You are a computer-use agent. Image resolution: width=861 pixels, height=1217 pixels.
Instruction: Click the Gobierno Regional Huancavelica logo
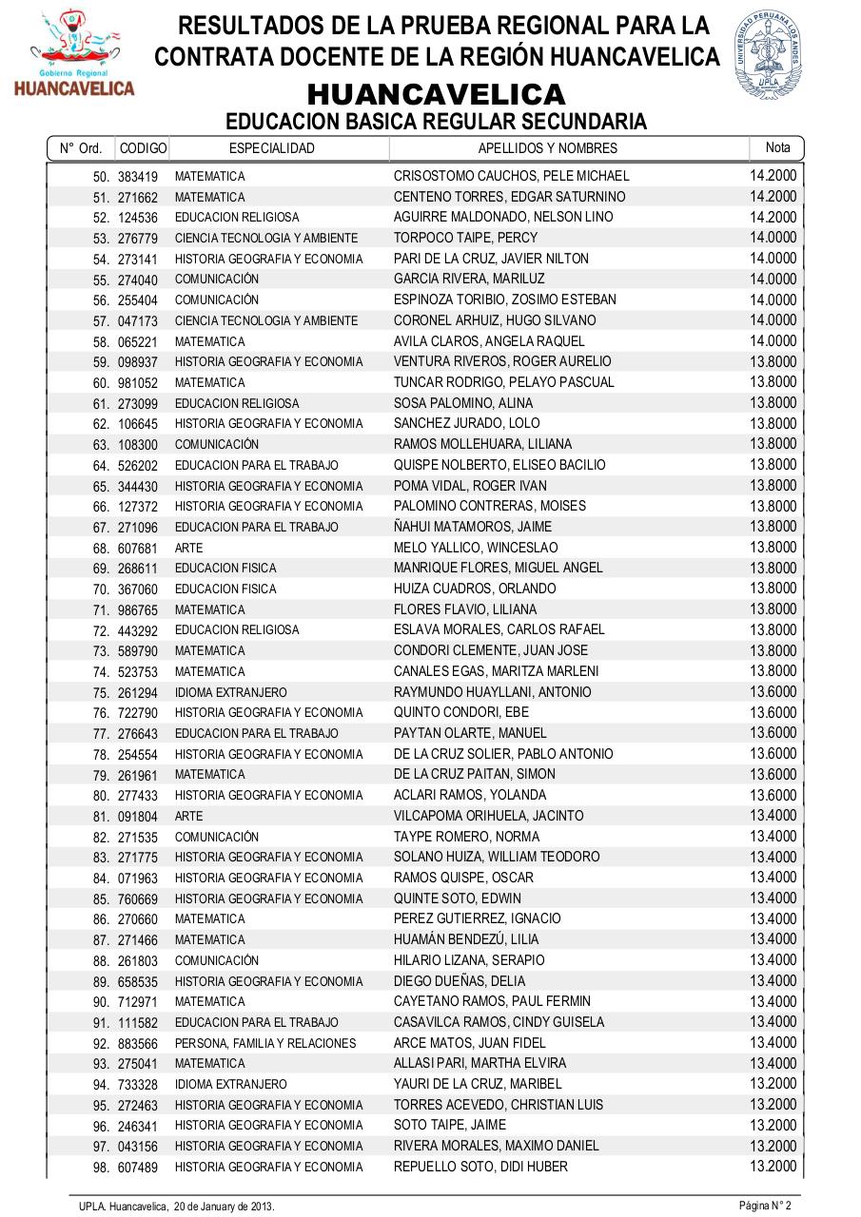(x=74, y=55)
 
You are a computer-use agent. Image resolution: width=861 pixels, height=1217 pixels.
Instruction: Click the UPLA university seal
(x=768, y=56)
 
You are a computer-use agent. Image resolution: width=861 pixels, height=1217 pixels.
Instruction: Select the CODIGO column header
(x=143, y=148)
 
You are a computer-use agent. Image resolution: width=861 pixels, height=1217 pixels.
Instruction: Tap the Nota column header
(x=777, y=147)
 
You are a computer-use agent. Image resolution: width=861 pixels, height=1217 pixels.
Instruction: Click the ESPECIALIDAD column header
(x=271, y=148)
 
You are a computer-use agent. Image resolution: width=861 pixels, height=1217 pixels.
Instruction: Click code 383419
(x=138, y=177)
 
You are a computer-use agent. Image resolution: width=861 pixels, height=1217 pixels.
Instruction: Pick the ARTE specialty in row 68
(x=188, y=548)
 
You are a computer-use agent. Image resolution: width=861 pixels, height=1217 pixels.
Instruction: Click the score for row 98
(x=773, y=1166)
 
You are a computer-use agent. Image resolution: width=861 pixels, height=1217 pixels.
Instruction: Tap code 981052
(x=138, y=383)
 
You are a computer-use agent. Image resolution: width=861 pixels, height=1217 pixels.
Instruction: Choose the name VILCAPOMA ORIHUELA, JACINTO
(x=488, y=816)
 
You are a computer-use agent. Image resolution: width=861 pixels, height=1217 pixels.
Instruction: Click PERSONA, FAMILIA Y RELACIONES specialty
(x=265, y=1043)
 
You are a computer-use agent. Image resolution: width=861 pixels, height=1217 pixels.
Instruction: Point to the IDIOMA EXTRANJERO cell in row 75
(x=230, y=692)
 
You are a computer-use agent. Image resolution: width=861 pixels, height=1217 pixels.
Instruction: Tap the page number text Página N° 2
(x=765, y=1206)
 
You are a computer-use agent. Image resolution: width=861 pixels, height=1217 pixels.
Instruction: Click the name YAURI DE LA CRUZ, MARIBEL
(x=478, y=1084)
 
